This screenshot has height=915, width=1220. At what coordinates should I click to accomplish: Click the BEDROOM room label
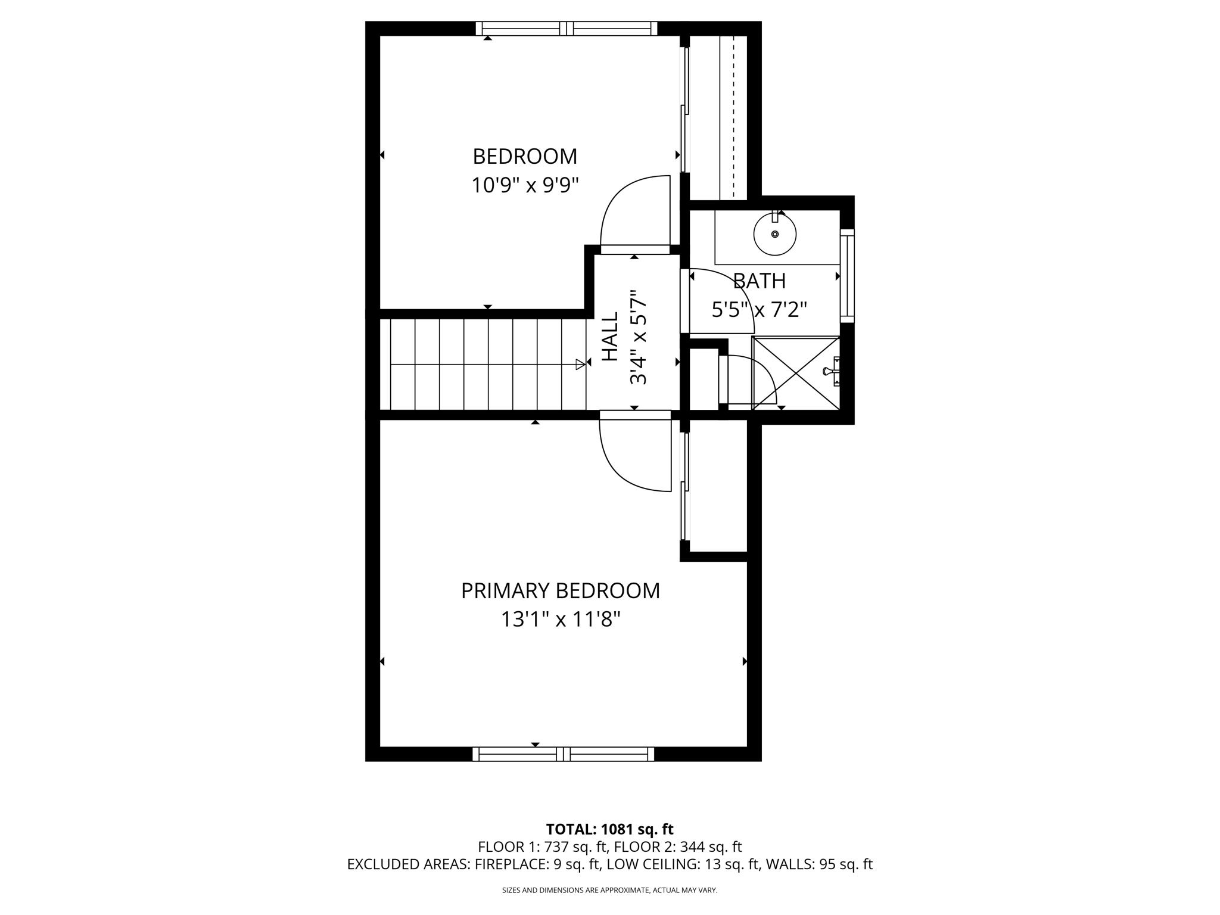coord(525,157)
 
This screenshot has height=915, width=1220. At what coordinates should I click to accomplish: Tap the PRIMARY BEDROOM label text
coord(560,591)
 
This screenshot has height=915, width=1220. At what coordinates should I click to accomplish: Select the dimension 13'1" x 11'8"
coord(560,620)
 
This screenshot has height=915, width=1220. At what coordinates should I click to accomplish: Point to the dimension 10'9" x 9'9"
coord(525,185)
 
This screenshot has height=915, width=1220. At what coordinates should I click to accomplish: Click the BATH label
coord(759,281)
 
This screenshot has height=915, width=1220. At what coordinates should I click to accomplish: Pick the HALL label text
coord(610,337)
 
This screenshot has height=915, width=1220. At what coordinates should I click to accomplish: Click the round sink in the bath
coord(774,234)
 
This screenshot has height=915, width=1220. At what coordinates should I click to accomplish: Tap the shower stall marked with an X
coord(796,373)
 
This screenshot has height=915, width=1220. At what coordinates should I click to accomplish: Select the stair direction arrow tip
coord(581,365)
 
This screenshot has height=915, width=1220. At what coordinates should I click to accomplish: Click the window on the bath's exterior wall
coord(847,276)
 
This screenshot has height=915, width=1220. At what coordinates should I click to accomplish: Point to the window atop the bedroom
coord(567,28)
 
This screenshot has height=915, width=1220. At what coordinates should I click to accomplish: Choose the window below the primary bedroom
coord(563,754)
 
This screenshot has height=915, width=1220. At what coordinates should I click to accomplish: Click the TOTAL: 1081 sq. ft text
coord(609,829)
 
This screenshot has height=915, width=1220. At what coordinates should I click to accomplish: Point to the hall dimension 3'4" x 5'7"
coord(638,337)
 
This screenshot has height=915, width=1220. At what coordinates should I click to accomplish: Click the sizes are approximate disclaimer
coord(609,890)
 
